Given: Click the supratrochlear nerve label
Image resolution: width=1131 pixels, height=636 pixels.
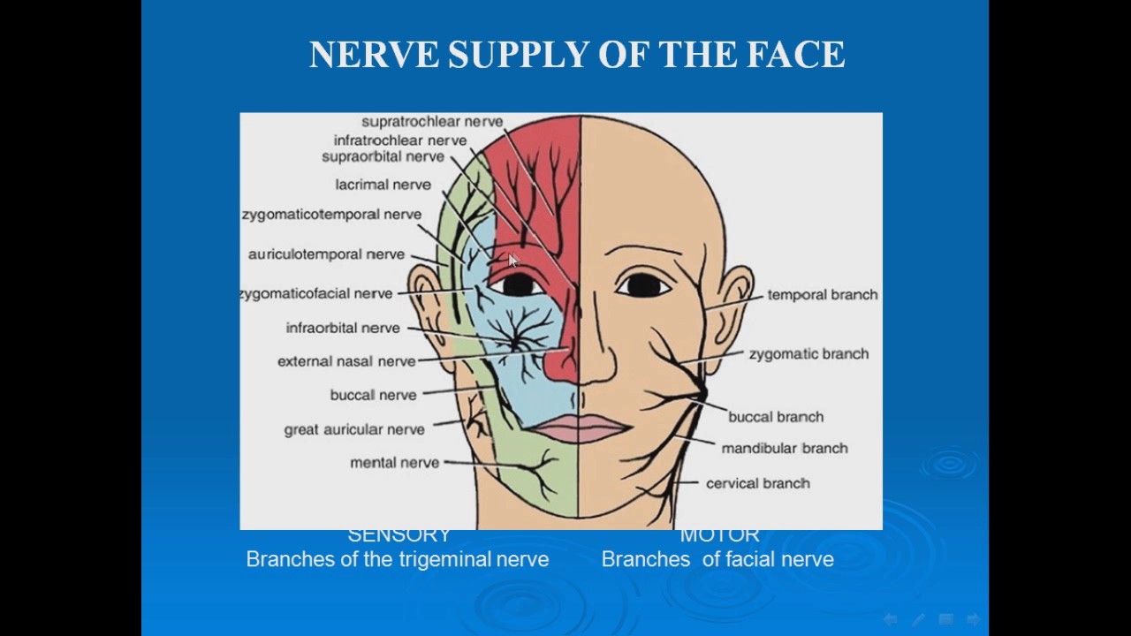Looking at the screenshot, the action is [432, 122].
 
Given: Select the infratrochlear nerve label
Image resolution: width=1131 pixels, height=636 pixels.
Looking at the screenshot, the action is [400, 140].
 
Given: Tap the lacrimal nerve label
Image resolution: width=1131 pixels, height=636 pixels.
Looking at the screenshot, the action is [383, 185].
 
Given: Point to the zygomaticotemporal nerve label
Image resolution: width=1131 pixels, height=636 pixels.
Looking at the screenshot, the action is [331, 215].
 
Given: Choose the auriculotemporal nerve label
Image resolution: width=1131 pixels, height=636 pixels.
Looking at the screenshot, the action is [326, 254].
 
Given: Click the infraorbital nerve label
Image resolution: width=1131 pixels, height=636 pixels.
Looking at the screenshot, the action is [343, 328].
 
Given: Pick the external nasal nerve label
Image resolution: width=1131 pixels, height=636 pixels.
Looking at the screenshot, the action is [346, 361].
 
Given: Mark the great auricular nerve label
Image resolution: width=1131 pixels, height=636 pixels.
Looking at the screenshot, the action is [354, 429].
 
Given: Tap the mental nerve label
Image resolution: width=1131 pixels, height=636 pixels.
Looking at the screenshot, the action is [394, 463].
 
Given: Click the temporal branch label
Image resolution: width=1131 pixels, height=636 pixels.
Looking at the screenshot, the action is [823, 295].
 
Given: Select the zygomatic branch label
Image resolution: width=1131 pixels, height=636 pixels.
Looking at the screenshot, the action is [808, 354].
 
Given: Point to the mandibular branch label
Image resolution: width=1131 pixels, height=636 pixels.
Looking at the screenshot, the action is [785, 449].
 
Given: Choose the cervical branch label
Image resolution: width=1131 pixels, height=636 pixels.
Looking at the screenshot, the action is [758, 483].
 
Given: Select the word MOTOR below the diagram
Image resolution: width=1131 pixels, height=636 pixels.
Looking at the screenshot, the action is [719, 535].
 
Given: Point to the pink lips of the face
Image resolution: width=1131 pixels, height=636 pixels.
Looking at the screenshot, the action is [578, 428].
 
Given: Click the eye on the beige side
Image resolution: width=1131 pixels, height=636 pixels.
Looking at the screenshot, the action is [643, 284].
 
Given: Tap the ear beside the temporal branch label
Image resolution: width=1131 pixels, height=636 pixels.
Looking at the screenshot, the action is [732, 309].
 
